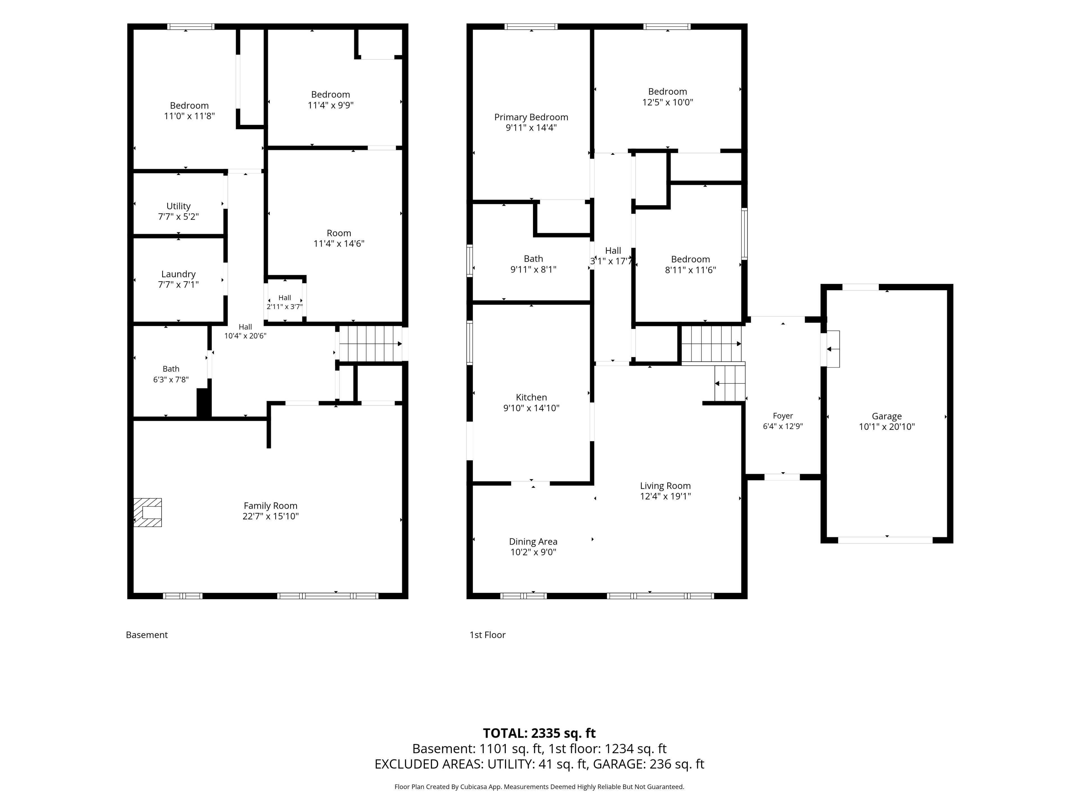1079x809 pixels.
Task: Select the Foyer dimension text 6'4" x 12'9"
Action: pyautogui.click(x=783, y=426)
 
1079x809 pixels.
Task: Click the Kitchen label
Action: pyautogui.click(x=531, y=397)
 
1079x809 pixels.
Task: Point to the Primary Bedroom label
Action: pyautogui.click(x=531, y=117)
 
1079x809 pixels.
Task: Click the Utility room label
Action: pyautogui.click(x=178, y=206)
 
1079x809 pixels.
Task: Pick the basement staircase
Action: pyautogui.click(x=371, y=344)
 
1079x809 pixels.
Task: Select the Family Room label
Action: pyautogui.click(x=270, y=506)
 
